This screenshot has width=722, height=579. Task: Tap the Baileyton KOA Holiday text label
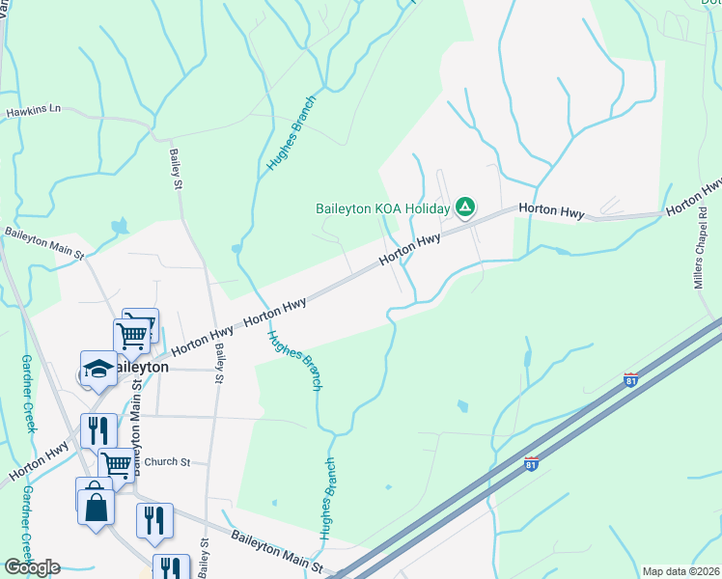[383, 208]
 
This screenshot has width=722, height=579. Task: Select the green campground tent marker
[465, 207]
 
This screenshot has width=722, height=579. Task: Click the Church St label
[161, 461]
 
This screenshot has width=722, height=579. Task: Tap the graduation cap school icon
[98, 368]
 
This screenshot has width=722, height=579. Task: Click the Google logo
[32, 567]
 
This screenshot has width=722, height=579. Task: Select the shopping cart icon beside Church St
[117, 463]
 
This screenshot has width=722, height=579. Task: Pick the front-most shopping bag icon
[97, 506]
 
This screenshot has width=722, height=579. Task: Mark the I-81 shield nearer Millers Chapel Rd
[631, 379]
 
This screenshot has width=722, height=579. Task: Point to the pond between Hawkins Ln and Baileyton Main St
[119, 228]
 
